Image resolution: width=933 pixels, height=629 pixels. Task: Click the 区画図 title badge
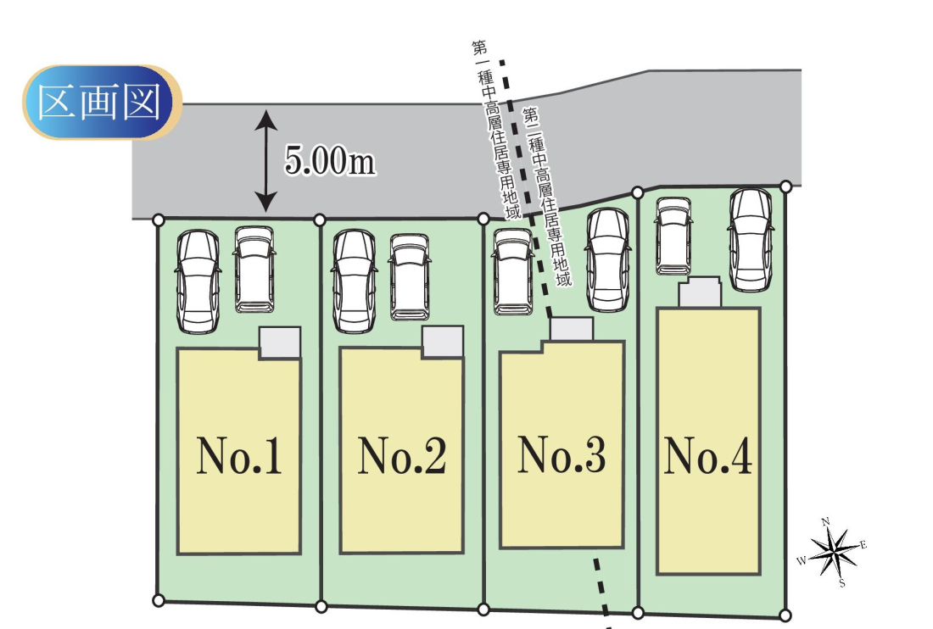click(102, 103)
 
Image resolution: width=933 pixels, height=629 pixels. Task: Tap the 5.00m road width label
click(329, 162)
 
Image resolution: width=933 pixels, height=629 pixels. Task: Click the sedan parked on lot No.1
click(198, 281)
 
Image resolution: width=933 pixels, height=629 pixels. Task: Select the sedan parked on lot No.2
click(355, 281)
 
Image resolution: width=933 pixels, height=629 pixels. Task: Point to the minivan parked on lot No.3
click(513, 272)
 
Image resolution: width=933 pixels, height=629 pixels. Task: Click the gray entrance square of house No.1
click(279, 342)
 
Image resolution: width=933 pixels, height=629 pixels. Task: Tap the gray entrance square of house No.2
click(442, 342)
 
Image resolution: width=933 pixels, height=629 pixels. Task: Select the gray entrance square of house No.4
click(700, 293)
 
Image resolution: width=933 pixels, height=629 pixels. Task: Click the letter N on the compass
click(826, 521)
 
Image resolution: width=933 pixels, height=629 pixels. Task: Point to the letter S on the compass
click(842, 582)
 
